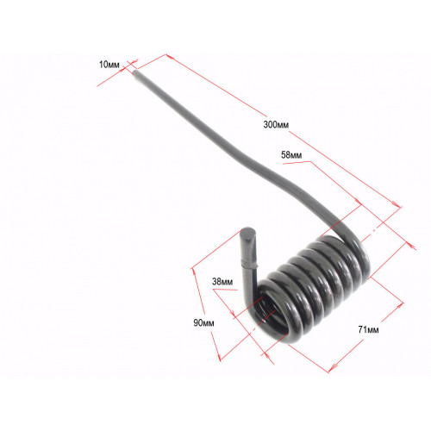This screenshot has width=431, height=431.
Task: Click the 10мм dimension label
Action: [109, 65]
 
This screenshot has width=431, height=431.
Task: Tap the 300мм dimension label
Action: [276, 125]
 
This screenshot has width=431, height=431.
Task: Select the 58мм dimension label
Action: [291, 155]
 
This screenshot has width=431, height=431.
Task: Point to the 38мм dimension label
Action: [222, 282]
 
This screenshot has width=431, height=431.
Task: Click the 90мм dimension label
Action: [203, 323]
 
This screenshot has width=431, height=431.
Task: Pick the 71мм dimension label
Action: [368, 329]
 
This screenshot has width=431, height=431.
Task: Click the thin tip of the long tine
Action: [135, 72]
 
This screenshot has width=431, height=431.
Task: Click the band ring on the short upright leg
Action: [249, 265]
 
